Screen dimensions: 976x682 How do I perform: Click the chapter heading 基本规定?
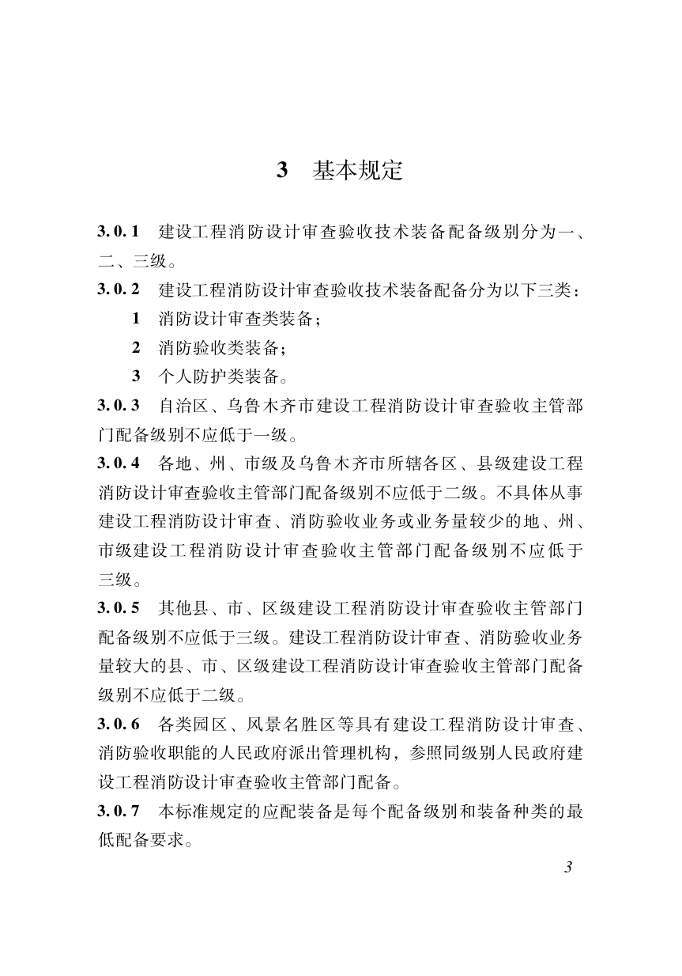coord(358,170)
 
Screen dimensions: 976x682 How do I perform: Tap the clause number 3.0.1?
coord(119,232)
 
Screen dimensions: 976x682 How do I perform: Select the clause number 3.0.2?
coord(119,289)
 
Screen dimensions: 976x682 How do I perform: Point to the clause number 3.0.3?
coord(119,406)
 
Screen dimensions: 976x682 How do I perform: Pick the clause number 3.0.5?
coord(119,608)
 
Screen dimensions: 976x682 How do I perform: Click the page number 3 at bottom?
coord(567,867)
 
